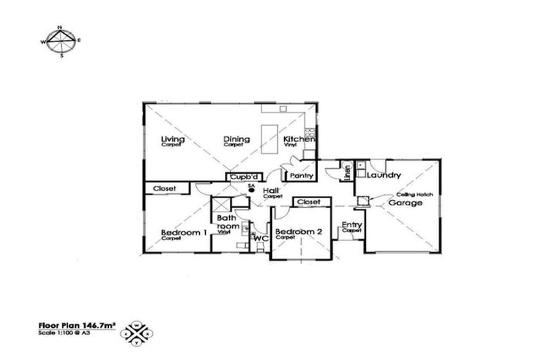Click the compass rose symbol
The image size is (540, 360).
[61, 41]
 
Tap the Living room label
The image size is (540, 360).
[172, 139]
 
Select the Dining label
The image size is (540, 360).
[236, 139]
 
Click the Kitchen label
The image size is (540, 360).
[299, 140]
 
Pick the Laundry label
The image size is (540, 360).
[383, 175]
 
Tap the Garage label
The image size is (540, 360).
[406, 203]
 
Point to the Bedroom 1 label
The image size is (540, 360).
[183, 233]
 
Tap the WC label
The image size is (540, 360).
[261, 239]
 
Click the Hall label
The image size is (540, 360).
[270, 191]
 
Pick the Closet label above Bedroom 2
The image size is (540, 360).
[309, 202]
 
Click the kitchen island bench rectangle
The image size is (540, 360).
[269, 134]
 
